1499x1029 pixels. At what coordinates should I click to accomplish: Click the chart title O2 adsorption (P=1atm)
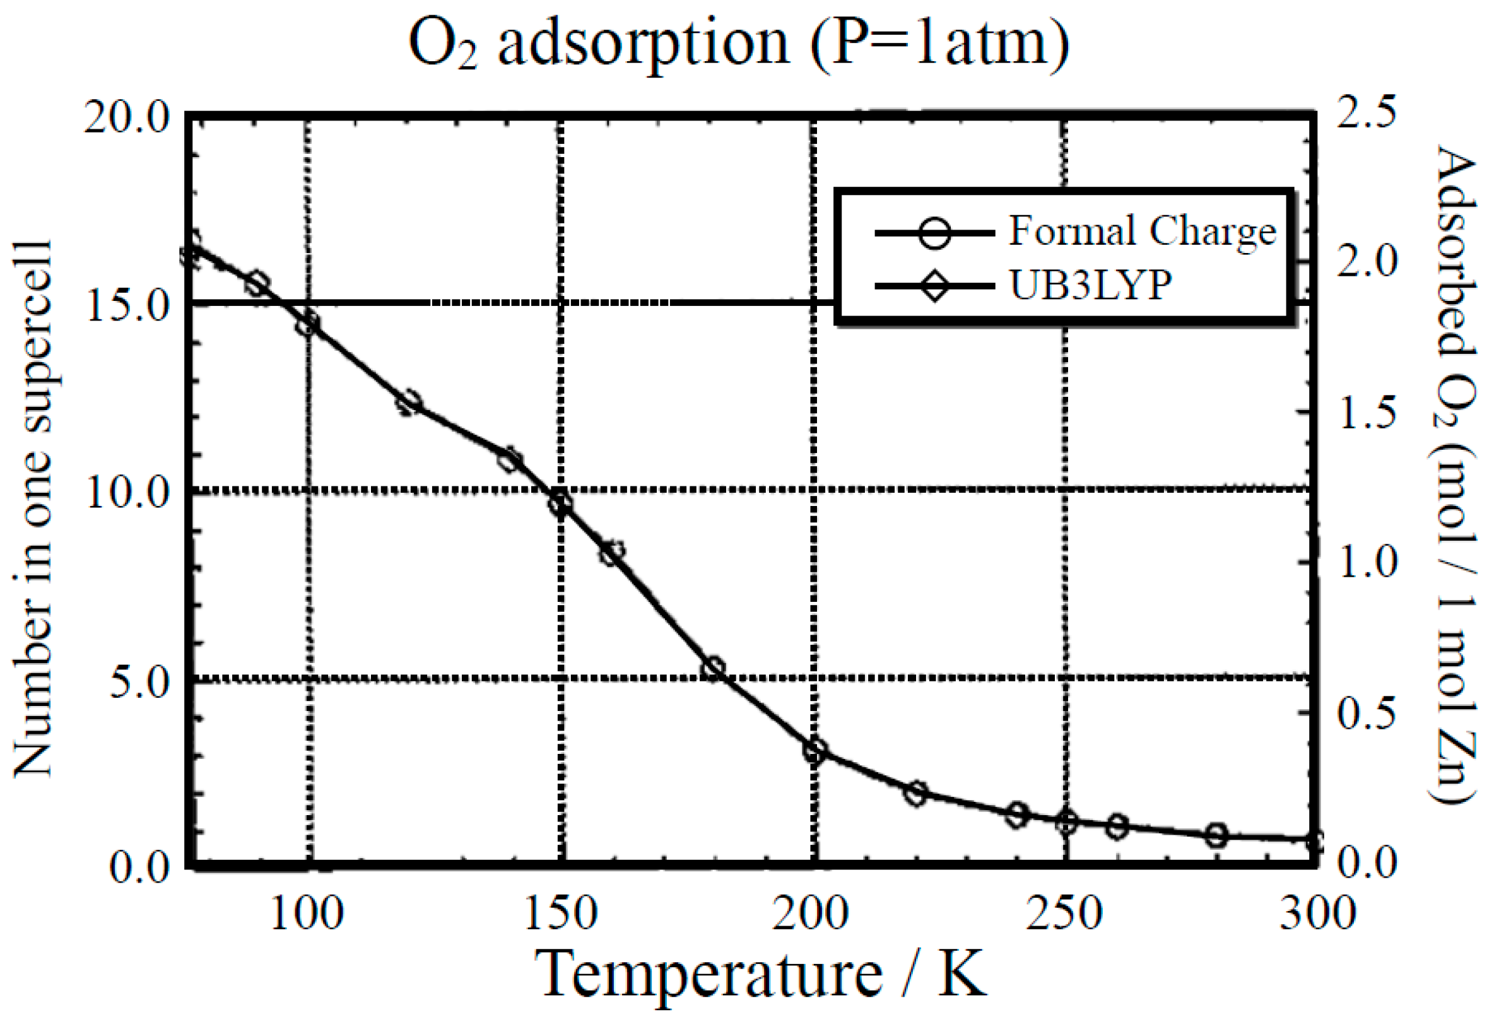pyautogui.click(x=738, y=44)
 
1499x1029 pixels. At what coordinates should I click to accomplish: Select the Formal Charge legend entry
pyautogui.click(x=1142, y=231)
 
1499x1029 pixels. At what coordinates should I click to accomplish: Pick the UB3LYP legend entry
pyautogui.click(x=1090, y=285)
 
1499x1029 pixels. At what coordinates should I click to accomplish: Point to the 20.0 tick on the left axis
pyautogui.click(x=126, y=119)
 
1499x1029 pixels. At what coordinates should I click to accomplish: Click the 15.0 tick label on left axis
pyautogui.click(x=126, y=306)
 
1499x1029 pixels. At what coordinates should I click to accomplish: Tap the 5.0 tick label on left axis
pyautogui.click(x=138, y=683)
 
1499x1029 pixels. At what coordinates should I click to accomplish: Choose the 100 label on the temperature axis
pyautogui.click(x=307, y=914)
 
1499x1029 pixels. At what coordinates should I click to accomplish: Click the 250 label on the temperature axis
pyautogui.click(x=1064, y=914)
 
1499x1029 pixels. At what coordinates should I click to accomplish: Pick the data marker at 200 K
pyautogui.click(x=814, y=750)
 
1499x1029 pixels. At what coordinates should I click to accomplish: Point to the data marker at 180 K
pyautogui.click(x=713, y=668)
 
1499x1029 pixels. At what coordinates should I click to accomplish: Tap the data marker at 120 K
pyautogui.click(x=408, y=404)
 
